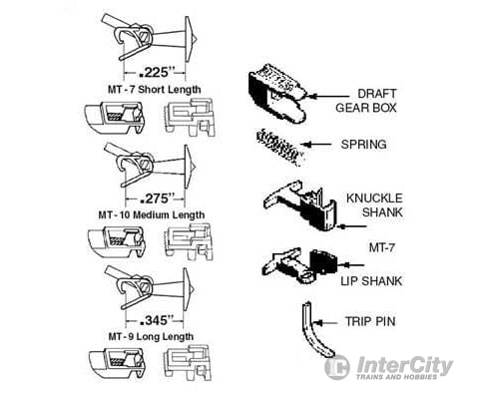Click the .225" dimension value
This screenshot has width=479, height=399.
click(156, 72)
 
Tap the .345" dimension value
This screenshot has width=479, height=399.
click(157, 320)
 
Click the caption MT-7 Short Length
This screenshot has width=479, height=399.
click(155, 90)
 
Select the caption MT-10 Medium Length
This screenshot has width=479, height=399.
click(152, 214)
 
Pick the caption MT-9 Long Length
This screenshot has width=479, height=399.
click(151, 336)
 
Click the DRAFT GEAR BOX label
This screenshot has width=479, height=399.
click(366, 101)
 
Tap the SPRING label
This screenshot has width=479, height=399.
click(364, 145)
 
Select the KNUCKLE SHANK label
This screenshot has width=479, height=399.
click(374, 205)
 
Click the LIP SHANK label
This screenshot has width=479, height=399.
click(371, 281)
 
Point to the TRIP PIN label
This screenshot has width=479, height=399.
click(370, 321)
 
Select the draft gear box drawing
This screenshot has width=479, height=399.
click(277, 93)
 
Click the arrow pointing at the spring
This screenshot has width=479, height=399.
click(316, 145)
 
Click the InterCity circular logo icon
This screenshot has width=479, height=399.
click(337, 367)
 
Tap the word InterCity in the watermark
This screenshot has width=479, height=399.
click(405, 366)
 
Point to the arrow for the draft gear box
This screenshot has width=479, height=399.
click(328, 96)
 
